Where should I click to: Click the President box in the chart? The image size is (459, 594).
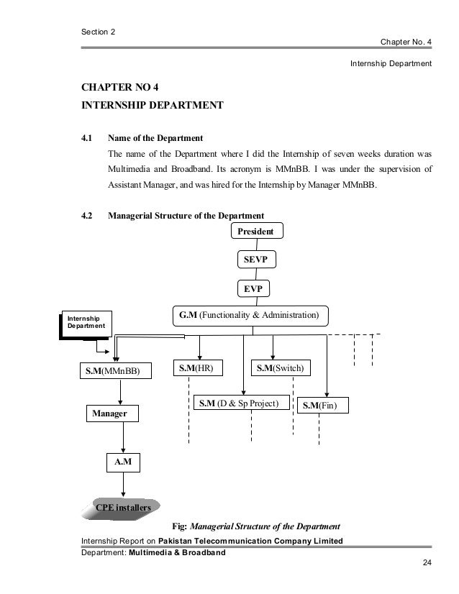click(257, 232)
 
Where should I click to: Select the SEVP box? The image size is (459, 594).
click(256, 259)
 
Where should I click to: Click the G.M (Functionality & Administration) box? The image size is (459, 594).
click(249, 315)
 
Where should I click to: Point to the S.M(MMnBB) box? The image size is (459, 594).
click(117, 371)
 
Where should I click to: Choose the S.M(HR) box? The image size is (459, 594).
click(198, 368)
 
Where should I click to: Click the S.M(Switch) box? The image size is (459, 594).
click(280, 368)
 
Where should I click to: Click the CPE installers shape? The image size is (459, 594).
click(123, 508)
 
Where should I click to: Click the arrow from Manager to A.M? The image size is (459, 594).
click(124, 437)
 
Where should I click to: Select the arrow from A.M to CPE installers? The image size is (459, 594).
click(124, 485)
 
